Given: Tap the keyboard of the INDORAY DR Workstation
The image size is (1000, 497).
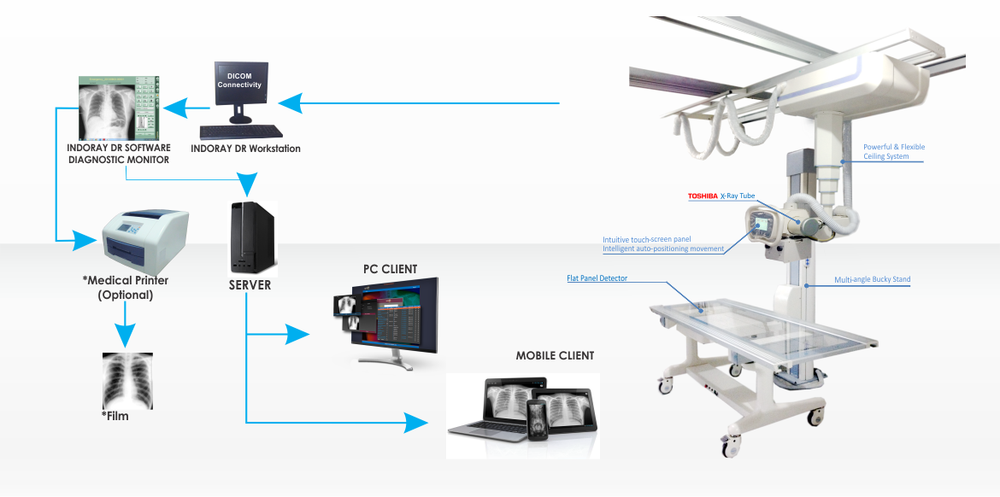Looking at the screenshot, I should [241, 132].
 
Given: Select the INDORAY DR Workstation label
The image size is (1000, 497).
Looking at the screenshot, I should [245, 149].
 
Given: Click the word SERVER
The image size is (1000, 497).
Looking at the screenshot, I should [250, 285].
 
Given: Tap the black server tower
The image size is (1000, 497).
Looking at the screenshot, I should [252, 237].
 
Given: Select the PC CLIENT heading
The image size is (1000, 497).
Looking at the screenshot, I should [390, 269].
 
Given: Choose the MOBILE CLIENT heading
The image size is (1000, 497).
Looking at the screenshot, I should [555, 355].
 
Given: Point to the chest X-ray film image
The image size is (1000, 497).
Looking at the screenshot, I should [127, 379].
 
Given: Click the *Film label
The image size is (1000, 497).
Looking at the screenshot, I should [119, 418].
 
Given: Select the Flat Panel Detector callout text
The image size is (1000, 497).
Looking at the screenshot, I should [597, 278].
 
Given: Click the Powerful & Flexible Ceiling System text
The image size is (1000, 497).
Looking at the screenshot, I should [893, 152].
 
